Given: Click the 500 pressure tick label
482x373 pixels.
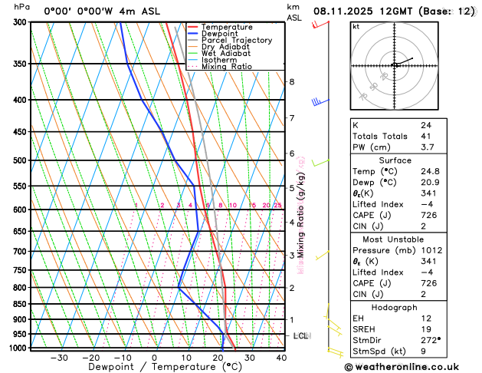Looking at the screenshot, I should [x=19, y=160].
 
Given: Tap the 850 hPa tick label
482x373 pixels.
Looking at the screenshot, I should [x=19, y=304].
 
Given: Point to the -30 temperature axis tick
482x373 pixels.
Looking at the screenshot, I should [x=58, y=357].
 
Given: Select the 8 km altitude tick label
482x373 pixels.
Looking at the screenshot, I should [x=292, y=81].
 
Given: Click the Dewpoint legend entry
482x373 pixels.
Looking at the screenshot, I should [x=220, y=34].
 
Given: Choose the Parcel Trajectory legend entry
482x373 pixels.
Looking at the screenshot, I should [x=236, y=41].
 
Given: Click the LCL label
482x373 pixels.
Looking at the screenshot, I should [x=300, y=336].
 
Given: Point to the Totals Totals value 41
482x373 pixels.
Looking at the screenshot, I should [x=425, y=136].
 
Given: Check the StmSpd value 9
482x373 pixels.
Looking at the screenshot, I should [x=423, y=352].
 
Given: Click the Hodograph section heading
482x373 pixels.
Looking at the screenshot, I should [x=393, y=307].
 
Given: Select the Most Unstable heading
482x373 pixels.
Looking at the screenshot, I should [x=393, y=239].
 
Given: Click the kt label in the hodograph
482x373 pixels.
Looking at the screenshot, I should [x=356, y=26].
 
